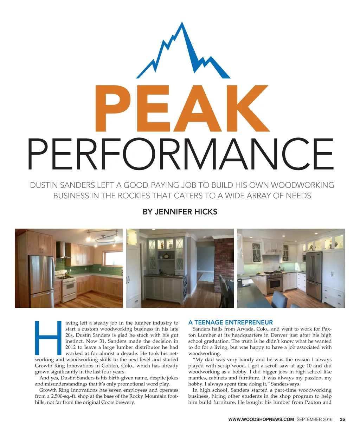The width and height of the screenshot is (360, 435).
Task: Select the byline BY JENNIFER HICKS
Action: click(180, 212)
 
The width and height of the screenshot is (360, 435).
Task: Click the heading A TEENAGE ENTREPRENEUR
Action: click(230, 322)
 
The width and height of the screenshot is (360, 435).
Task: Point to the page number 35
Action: click(342, 419)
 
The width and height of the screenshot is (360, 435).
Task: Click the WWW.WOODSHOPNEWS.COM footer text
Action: click(261, 419)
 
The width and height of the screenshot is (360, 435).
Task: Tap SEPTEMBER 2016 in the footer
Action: click(314, 419)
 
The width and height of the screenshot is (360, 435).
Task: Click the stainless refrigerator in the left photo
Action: click(41, 278)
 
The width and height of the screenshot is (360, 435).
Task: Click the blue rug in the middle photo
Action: click(205, 277)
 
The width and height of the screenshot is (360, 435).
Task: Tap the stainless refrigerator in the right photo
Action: click(314, 271)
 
